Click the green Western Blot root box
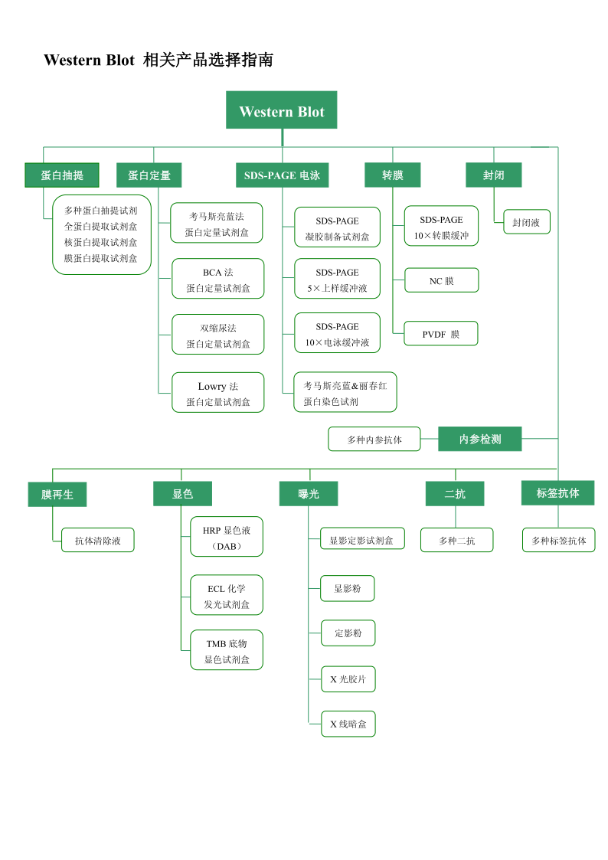point(281,110)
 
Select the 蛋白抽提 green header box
point(62,175)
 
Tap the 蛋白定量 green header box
point(149,175)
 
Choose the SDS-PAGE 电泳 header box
point(282,175)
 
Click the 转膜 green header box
point(393,175)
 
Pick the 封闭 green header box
point(493,175)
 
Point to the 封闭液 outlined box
point(526,222)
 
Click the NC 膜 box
point(441,280)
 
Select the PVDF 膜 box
point(441,334)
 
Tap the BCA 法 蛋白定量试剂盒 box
point(218,279)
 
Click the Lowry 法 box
point(218,393)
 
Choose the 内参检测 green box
point(480,439)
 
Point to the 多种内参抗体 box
point(374,440)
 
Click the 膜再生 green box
point(57,495)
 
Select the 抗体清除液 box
point(97,540)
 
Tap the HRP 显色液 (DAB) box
point(227,537)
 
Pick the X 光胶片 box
point(348,679)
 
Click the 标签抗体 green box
point(557,493)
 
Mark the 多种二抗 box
point(456,540)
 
